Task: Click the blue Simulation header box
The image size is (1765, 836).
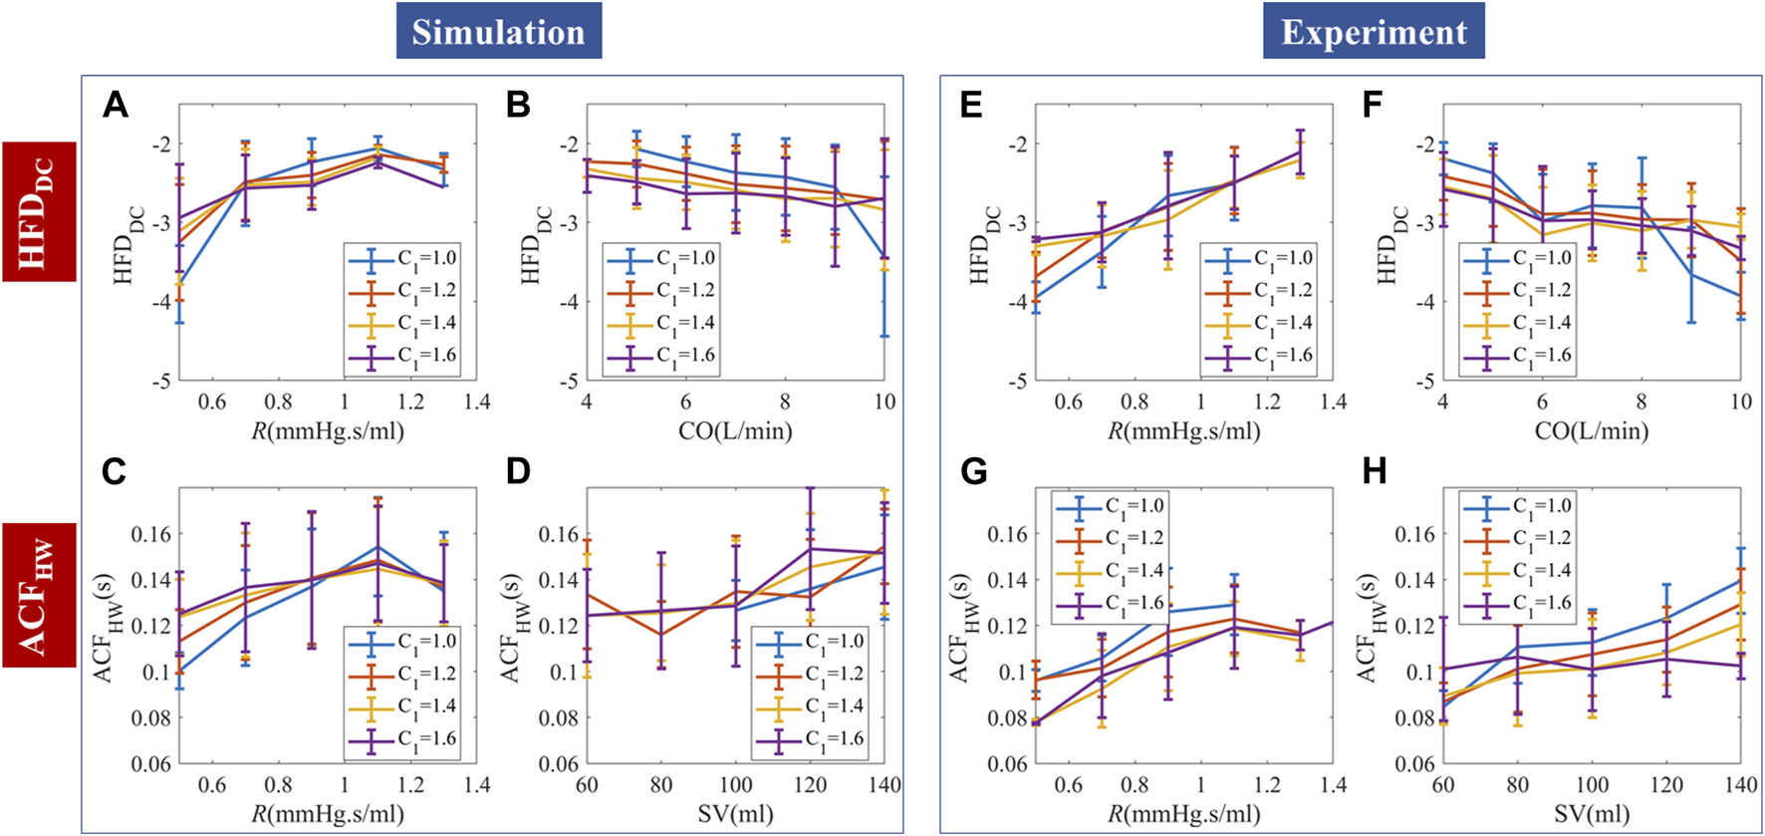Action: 498,31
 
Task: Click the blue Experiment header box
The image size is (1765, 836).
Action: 1374,31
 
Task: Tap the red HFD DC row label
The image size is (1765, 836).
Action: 39,211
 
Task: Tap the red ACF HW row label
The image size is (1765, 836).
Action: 39,594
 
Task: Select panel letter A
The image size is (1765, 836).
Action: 116,105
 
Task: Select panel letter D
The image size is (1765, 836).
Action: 518,471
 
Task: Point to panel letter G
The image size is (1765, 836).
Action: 973,471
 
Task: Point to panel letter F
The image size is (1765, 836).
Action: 1373,105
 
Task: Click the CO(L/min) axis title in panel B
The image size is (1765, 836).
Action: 735,431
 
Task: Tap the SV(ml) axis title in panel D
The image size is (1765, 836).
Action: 735,814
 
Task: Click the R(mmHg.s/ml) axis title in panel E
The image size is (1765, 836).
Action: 1184,431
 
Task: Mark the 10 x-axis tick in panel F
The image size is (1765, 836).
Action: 1740,402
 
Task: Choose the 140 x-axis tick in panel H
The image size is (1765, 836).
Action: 1740,785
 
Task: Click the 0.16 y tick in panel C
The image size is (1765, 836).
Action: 151,534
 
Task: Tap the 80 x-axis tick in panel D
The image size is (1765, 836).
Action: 661,785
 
